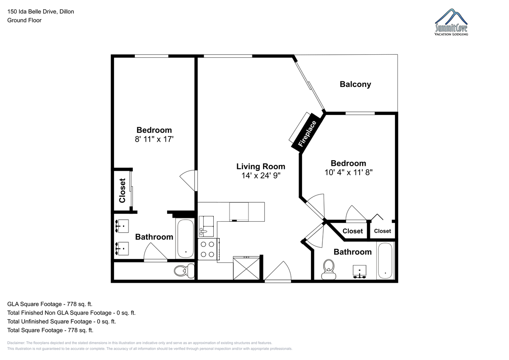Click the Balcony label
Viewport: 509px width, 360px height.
click(x=355, y=84)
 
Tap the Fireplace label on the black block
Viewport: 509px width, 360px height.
click(x=307, y=134)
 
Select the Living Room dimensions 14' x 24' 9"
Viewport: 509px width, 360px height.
click(x=260, y=176)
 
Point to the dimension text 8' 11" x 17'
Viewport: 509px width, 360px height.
click(x=154, y=139)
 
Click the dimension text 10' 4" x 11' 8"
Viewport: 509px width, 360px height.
click(x=348, y=173)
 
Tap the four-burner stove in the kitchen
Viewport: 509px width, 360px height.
click(x=208, y=249)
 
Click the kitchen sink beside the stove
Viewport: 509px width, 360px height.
click(x=206, y=226)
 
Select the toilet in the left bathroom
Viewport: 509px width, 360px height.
click(x=184, y=271)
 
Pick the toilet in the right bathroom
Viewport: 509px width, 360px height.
click(x=329, y=269)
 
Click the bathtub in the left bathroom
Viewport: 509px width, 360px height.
click(x=185, y=238)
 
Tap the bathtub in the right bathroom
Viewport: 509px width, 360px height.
click(x=385, y=260)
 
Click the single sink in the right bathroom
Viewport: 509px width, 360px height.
click(x=360, y=271)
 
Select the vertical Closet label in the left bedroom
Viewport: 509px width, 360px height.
click(x=122, y=190)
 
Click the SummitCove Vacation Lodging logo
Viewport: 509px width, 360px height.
click(x=451, y=22)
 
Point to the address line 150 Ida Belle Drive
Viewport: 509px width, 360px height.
click(x=41, y=11)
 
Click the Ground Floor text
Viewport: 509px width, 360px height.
click(x=24, y=20)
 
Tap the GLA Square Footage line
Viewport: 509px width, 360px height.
click(x=50, y=304)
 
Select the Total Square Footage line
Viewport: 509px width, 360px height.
click(x=50, y=330)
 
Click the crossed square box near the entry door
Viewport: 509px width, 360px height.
click(x=246, y=268)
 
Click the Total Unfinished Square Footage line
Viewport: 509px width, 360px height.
click(x=62, y=321)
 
